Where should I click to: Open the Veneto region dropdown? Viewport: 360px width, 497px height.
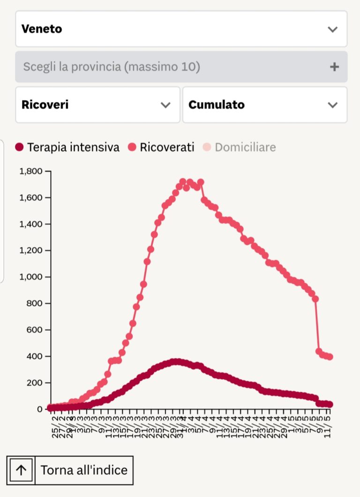pos(181,29)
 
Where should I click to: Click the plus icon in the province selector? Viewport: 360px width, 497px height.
pos(334,67)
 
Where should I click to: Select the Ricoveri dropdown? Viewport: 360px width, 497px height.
pos(97,105)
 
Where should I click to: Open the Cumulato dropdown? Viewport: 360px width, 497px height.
pos(264,105)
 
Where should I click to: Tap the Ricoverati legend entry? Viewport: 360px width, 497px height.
pos(161,147)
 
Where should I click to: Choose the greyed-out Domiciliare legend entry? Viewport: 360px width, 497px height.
pos(240,147)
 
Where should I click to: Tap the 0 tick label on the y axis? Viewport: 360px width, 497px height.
pos(40,409)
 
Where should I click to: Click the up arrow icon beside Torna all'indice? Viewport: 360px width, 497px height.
pos(21,470)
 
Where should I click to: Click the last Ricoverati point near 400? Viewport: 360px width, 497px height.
pos(330,357)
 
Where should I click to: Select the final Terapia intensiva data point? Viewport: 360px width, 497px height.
pos(330,405)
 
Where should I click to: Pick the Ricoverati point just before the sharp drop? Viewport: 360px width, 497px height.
pos(315,299)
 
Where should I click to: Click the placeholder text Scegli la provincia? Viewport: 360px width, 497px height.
pos(112,67)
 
